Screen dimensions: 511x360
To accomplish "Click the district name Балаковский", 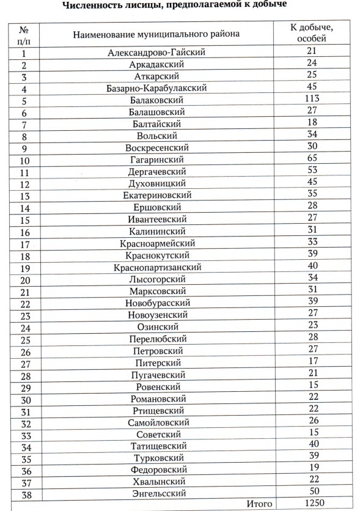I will tap(156, 100).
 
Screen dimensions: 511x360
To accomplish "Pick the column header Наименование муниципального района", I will tap(156, 34).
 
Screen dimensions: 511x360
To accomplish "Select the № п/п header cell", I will tap(25, 34).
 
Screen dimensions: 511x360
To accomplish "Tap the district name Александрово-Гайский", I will tap(156, 53).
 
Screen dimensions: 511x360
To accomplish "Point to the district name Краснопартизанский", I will tap(157, 267).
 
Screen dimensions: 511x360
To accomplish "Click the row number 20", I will tap(26, 279).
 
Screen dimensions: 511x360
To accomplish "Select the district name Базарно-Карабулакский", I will tap(156, 88).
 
